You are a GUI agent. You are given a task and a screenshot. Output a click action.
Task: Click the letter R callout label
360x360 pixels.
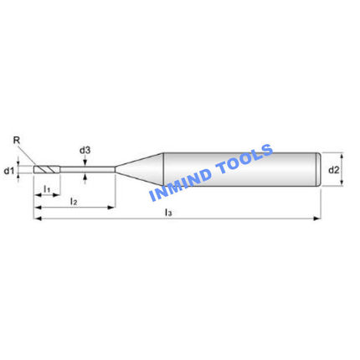click(17, 140)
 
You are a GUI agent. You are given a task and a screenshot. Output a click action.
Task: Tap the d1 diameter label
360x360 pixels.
click(8, 171)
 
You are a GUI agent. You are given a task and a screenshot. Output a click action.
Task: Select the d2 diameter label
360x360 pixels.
click(333, 170)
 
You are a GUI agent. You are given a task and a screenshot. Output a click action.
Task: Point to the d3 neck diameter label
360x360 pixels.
click(85, 151)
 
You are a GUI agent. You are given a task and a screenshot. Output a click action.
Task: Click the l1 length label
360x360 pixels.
click(47, 189)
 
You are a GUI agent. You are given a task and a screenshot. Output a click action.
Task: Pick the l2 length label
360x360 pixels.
click(74, 201)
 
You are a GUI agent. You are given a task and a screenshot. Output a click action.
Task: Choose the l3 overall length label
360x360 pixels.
click(168, 213)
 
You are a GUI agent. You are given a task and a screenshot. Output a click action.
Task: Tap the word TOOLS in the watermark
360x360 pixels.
click(244, 159)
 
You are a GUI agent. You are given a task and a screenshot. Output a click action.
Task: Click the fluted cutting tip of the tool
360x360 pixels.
click(47, 169)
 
